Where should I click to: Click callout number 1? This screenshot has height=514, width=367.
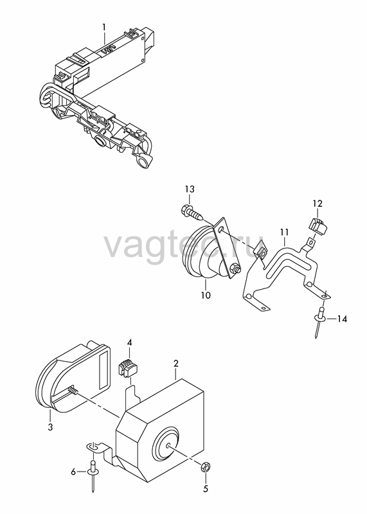pyautogui.click(x=104, y=27)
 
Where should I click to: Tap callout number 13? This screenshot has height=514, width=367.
pyautogui.click(x=190, y=189)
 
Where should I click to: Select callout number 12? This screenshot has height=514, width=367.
pyautogui.click(x=317, y=204)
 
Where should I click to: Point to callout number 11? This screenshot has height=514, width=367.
pyautogui.click(x=284, y=233)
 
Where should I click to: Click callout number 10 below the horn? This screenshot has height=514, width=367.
pyautogui.click(x=206, y=295)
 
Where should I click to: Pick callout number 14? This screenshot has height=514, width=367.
pyautogui.click(x=342, y=319)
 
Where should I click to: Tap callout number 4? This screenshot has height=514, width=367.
pyautogui.click(x=130, y=343)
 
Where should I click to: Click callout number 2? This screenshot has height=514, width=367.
pyautogui.click(x=176, y=364)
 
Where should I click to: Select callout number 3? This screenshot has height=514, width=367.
pyautogui.click(x=50, y=427)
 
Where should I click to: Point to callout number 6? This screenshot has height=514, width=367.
pyautogui.click(x=73, y=472)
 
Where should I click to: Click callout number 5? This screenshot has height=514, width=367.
pyautogui.click(x=206, y=489)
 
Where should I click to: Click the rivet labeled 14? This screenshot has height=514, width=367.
pyautogui.click(x=320, y=321)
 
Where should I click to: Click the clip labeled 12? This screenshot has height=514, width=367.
pyautogui.click(x=318, y=226)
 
